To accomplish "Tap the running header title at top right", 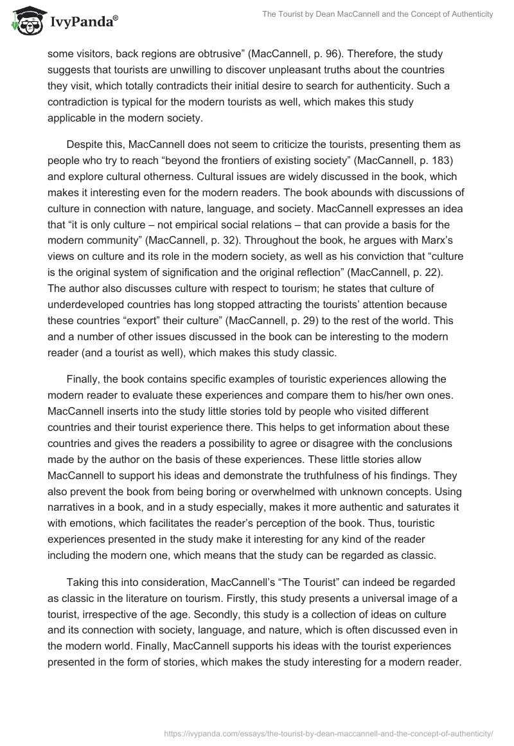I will click(x=378, y=14).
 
